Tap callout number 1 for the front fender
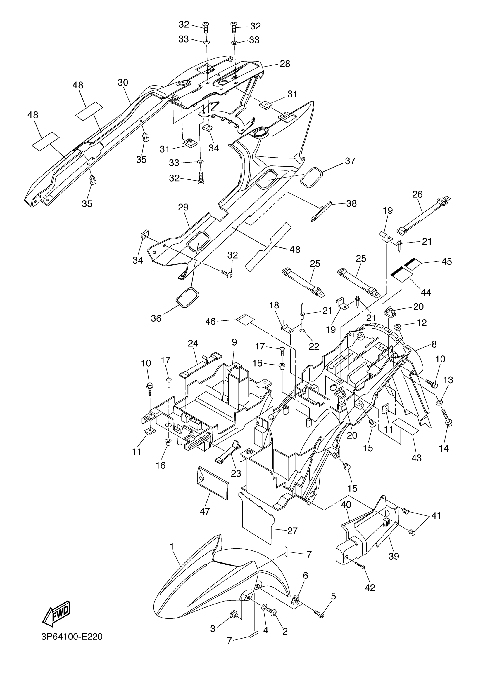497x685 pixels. [172, 546]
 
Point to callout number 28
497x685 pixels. [285, 64]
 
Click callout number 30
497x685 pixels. [123, 83]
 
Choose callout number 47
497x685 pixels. [205, 511]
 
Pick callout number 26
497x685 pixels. [417, 194]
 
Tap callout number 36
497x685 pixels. [156, 318]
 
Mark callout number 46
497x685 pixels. [210, 321]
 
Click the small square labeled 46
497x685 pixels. [245, 319]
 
